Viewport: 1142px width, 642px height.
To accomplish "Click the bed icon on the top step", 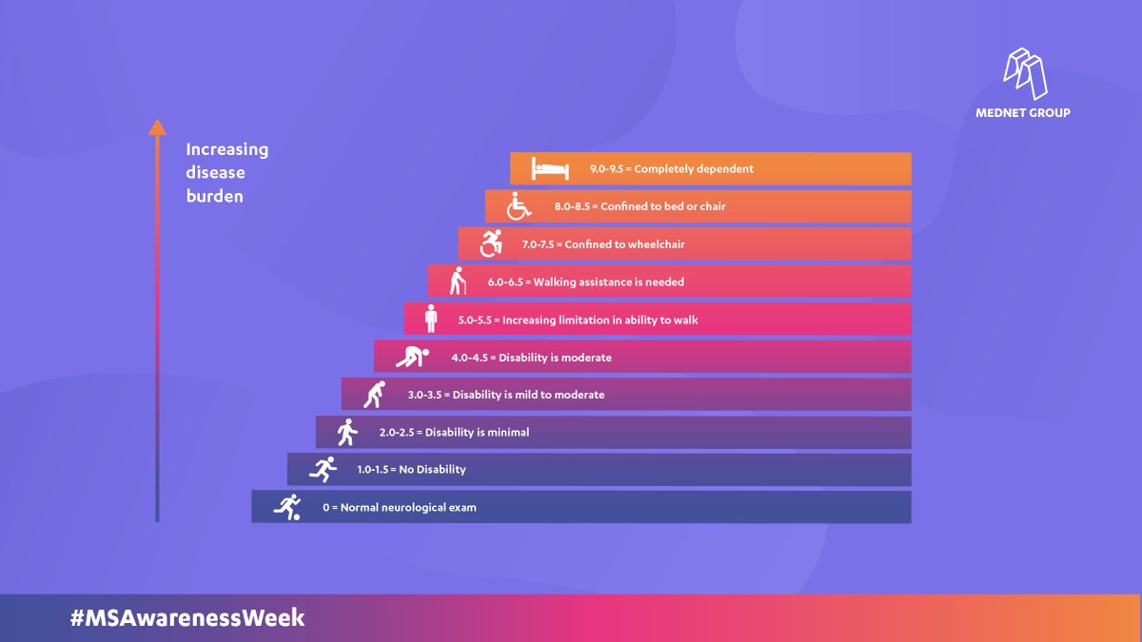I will [x=550, y=168].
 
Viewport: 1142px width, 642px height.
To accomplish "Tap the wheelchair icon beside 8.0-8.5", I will [x=519, y=205].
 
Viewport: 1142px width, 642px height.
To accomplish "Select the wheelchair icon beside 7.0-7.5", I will [x=491, y=243].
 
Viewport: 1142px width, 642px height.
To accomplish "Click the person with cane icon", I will [x=459, y=282].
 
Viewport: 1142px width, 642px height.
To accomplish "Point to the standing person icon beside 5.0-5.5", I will [x=431, y=319].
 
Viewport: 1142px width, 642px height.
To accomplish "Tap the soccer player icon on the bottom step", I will [x=287, y=507].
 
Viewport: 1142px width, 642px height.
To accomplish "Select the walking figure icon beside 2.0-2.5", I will [x=346, y=432].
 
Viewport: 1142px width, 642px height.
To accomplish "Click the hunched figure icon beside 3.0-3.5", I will [x=376, y=394].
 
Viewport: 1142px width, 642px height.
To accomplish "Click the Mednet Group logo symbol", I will [x=1025, y=73].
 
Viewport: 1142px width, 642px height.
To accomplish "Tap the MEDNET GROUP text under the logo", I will [x=1023, y=112].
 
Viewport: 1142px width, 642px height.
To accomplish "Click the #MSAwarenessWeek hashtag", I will [x=187, y=617].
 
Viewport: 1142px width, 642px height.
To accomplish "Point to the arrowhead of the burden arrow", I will [x=158, y=126].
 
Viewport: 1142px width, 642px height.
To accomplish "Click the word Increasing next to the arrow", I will [x=227, y=149].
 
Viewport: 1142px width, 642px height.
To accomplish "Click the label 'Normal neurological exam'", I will [x=408, y=507].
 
